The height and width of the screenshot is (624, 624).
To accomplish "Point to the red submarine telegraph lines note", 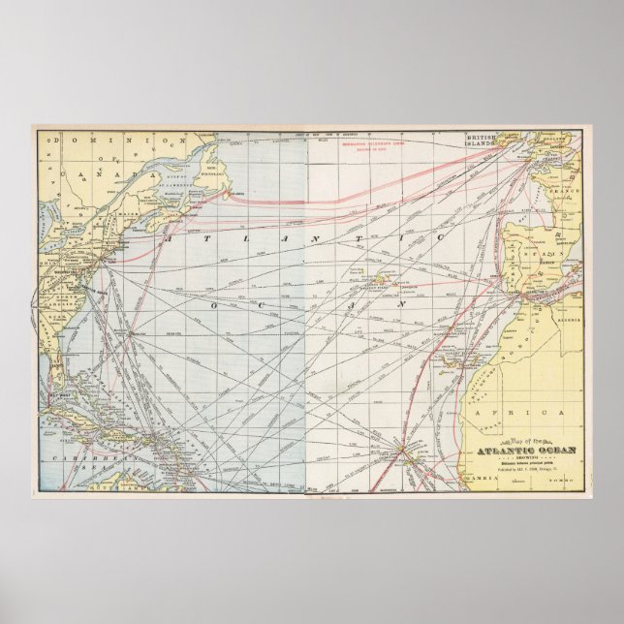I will (x=371, y=150).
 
